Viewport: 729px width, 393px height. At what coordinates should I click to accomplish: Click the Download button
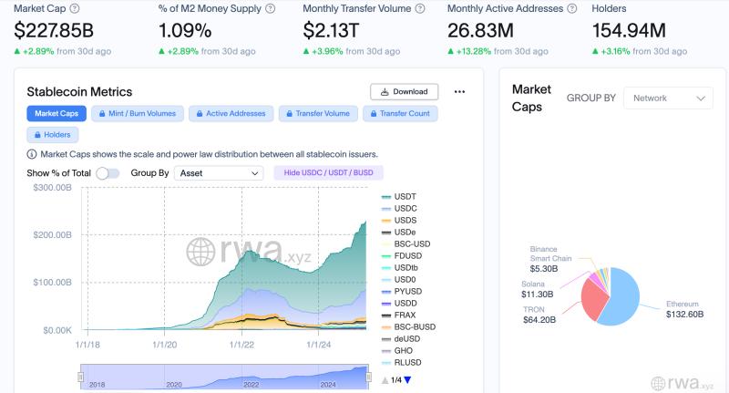click(404, 91)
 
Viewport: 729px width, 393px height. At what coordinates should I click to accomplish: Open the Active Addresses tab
click(231, 114)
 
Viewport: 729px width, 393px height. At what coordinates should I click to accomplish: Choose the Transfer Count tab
click(400, 114)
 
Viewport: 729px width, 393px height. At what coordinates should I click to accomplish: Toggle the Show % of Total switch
click(108, 172)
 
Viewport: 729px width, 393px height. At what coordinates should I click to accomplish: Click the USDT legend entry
click(405, 197)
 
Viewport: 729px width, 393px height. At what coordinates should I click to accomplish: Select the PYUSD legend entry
click(406, 292)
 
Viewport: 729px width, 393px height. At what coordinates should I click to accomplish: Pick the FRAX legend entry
click(405, 315)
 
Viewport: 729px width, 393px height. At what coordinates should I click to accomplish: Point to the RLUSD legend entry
click(406, 363)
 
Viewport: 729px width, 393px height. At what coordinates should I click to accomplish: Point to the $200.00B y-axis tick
click(52, 235)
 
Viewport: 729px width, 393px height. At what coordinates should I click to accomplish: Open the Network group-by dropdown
click(668, 98)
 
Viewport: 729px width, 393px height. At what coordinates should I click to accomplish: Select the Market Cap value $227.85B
click(54, 30)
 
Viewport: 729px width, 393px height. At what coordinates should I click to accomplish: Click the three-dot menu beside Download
click(459, 91)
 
